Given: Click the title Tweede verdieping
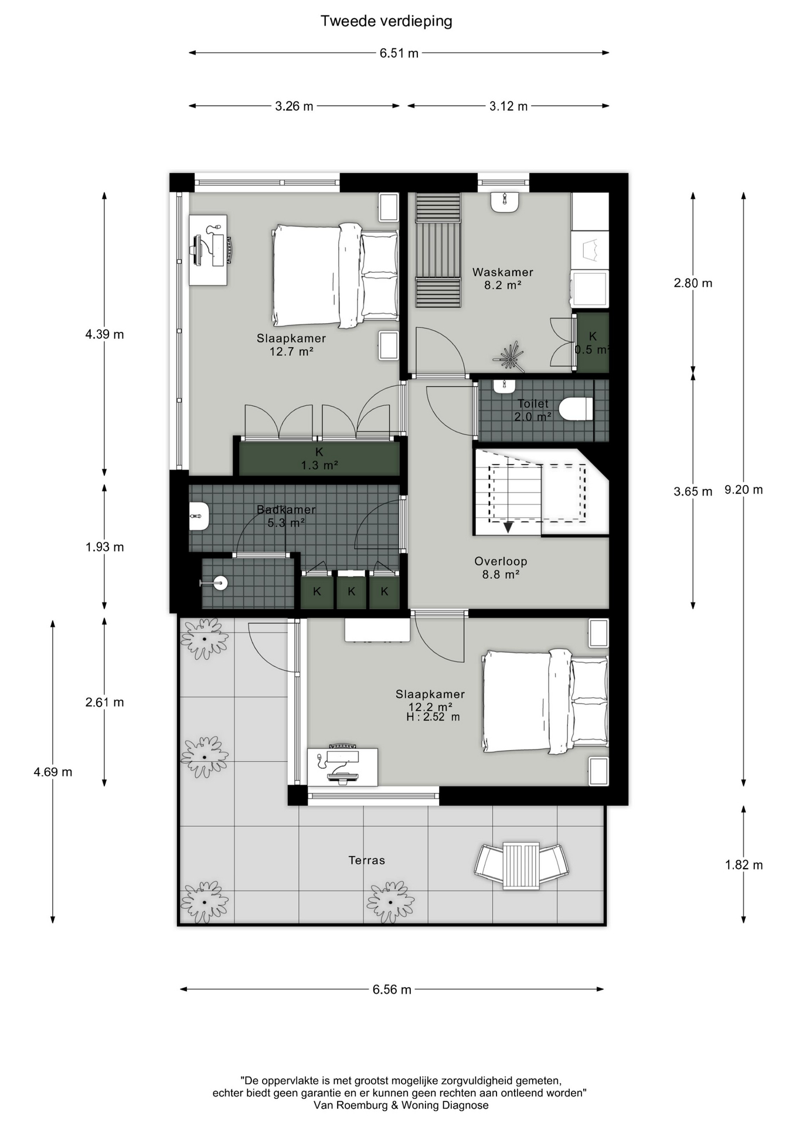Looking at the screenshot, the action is click(x=386, y=22).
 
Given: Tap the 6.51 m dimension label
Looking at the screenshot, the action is click(x=399, y=53).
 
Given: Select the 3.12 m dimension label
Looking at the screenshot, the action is click(x=508, y=106).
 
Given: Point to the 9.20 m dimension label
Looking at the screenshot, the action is click(x=744, y=490).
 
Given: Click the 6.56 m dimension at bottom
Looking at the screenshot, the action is click(x=392, y=989).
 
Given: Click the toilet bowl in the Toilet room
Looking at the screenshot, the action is click(x=576, y=409).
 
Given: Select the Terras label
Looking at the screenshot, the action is click(x=367, y=860).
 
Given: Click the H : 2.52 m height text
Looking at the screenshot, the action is click(x=433, y=717).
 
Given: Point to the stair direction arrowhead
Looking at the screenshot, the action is click(x=508, y=527).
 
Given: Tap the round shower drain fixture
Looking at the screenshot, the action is click(x=220, y=583).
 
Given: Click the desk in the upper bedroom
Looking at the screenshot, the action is click(x=208, y=250).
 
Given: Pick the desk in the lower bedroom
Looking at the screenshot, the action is click(x=343, y=766).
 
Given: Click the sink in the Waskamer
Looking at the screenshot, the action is click(x=505, y=202).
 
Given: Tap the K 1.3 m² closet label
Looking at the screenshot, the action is click(x=319, y=459).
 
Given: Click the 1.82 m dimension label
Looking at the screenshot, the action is click(x=744, y=865).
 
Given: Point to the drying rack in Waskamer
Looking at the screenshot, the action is click(x=438, y=250).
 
